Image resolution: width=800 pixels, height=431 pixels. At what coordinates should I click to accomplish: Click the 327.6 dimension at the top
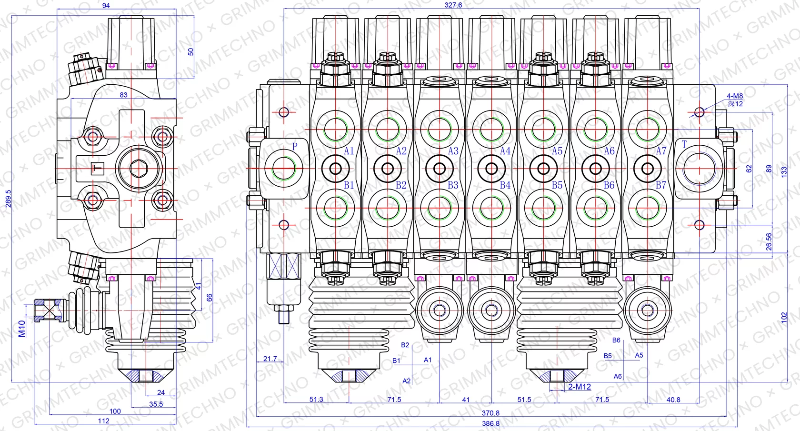(x=453, y=5)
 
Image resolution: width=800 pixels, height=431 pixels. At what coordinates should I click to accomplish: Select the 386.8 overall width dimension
(x=490, y=423)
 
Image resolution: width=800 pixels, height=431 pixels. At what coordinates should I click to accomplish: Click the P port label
(x=295, y=147)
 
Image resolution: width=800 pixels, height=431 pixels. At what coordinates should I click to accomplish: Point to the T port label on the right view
(x=684, y=144)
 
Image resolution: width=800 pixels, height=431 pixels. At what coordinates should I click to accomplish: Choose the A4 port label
(x=505, y=151)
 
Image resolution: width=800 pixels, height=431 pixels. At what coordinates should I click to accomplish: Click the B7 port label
(x=661, y=185)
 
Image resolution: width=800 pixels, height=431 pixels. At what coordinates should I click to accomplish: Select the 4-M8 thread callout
(x=735, y=96)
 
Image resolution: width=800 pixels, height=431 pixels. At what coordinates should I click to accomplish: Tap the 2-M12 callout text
(x=579, y=387)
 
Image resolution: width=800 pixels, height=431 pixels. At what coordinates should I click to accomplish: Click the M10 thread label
(x=22, y=329)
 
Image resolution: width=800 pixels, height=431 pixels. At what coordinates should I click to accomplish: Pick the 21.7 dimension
(x=270, y=359)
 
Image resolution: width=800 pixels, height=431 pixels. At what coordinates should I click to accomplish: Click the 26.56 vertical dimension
(x=769, y=241)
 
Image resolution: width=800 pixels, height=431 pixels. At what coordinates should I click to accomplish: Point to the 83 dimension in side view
(x=124, y=95)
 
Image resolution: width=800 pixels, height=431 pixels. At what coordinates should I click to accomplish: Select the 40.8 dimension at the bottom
(x=673, y=400)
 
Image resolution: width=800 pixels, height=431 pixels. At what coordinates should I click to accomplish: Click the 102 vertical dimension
(x=784, y=318)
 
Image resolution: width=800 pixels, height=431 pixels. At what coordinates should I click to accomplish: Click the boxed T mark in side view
(x=97, y=168)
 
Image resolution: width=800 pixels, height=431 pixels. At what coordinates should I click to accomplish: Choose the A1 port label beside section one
(x=349, y=151)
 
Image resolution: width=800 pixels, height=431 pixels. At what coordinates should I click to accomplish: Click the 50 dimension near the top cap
(x=191, y=51)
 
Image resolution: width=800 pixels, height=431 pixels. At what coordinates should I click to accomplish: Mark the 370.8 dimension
(x=490, y=413)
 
